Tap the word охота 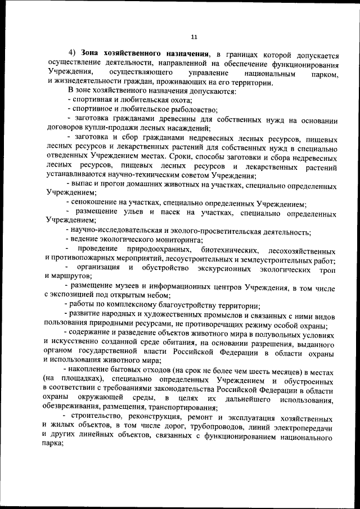point(179,100)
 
